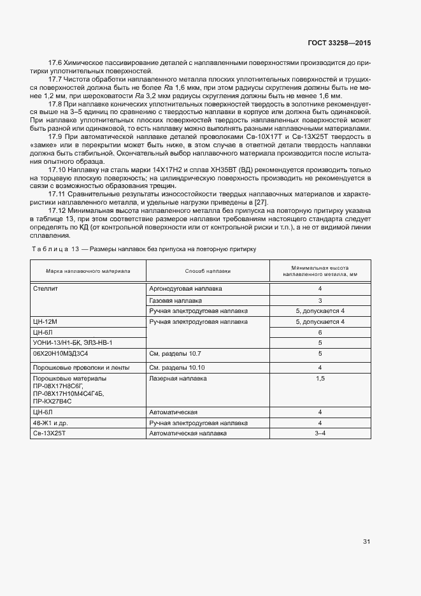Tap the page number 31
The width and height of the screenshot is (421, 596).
pos(366,542)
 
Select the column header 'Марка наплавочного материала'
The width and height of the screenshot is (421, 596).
pos(88,271)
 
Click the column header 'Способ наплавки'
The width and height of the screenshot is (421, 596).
pos(208,271)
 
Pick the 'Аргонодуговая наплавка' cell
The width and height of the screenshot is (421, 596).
pos(185,288)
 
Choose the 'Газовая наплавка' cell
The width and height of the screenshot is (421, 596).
pos(175,300)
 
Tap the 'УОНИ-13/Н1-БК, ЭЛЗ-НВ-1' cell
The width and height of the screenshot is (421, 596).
pos(72,343)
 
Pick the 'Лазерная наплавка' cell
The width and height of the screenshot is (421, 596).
pos(178,379)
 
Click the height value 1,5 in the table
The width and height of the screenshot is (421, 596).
pos(320,379)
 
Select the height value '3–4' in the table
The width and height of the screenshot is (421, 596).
pos(320,433)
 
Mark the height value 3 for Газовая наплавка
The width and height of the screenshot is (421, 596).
pos(320,300)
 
